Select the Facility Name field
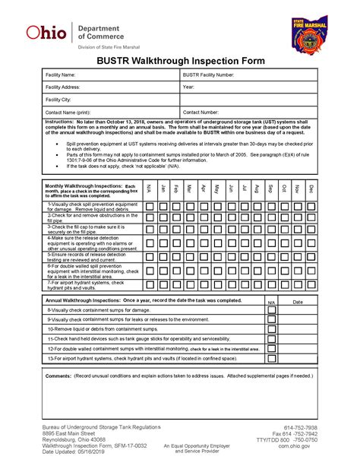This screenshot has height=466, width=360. (110, 75)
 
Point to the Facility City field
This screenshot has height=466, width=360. (110, 100)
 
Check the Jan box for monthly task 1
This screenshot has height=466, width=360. (163, 206)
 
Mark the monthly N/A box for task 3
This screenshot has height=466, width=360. (150, 229)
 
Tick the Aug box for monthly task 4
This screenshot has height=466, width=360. (257, 241)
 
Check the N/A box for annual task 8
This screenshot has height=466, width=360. (272, 310)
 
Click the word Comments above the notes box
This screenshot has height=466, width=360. (58, 376)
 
